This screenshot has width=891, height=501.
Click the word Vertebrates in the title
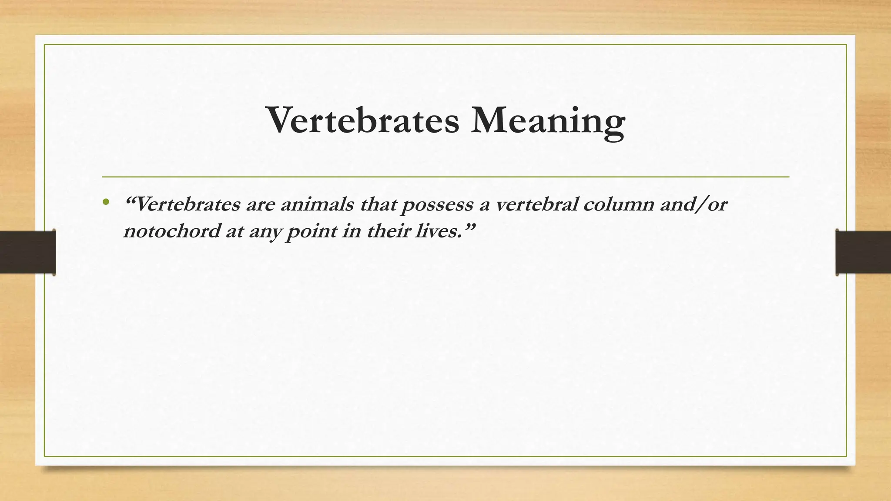tap(363, 120)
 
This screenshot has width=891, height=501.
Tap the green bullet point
tap(105, 202)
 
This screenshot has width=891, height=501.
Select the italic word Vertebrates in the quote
tap(188, 204)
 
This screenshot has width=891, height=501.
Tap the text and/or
tap(693, 204)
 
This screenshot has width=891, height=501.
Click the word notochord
tap(172, 231)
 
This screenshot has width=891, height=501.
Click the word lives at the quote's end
tap(436, 231)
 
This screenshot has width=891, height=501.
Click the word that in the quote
tap(378, 204)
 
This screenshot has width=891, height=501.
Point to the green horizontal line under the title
tap(445, 177)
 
